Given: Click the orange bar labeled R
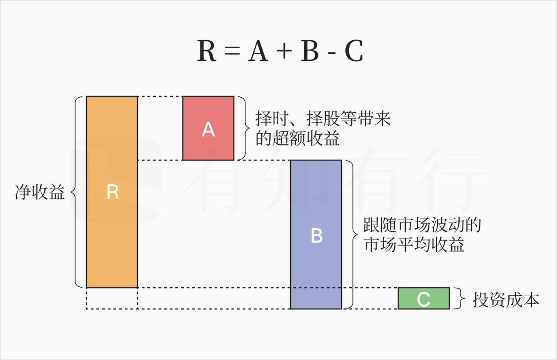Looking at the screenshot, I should click(x=112, y=192).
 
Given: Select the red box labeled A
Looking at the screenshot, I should click(x=208, y=129).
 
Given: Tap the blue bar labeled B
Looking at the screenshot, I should click(x=316, y=234).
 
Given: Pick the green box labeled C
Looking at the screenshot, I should click(x=423, y=298).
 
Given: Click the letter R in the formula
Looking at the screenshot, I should click(x=207, y=51).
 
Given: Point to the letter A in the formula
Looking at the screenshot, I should click(x=258, y=51).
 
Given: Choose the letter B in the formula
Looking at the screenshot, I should click(x=310, y=51).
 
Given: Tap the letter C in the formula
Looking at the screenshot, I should click(x=354, y=51).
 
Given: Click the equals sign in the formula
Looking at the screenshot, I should click(x=232, y=52).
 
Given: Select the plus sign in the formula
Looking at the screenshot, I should click(x=284, y=52).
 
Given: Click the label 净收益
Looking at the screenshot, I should click(x=40, y=192).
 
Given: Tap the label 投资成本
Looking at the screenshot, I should click(x=506, y=300).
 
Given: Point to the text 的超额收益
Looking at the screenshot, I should click(x=298, y=138).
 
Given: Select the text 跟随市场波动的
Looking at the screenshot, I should click(x=422, y=224).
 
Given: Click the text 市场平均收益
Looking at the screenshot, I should click(x=414, y=245).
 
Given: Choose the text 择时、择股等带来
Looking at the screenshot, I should click(x=324, y=118).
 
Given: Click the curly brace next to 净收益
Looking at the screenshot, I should click(x=75, y=192).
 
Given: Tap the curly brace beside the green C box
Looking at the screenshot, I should click(x=457, y=298).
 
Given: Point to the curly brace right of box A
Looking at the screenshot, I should click(x=243, y=128).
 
